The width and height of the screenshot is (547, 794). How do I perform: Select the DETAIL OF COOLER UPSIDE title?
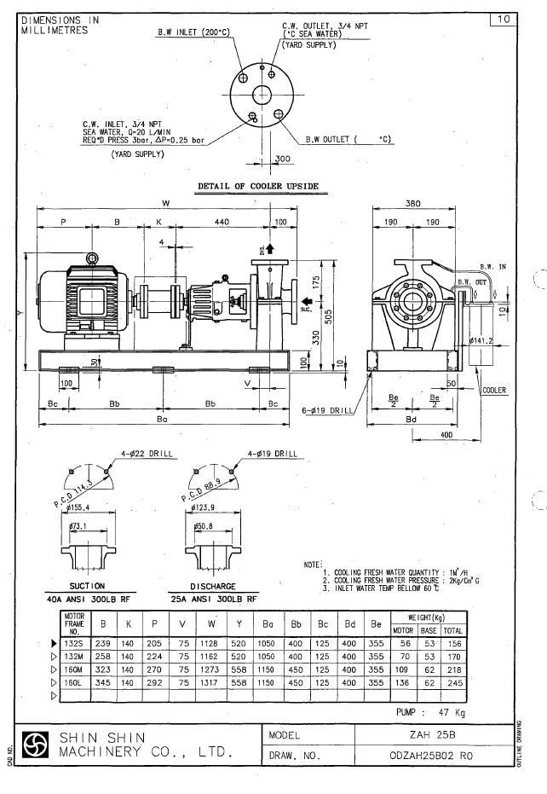(258, 186)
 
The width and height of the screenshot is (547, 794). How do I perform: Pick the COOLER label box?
(494, 390)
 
